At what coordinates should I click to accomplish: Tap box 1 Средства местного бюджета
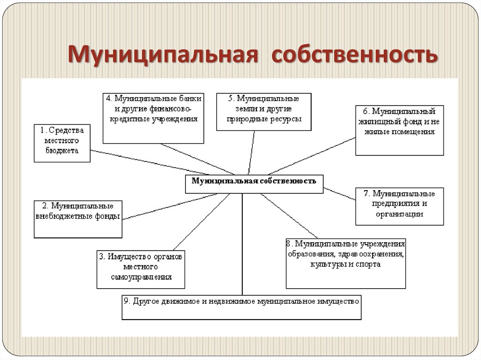pos(62,143)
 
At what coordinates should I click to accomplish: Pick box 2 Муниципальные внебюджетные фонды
pos(78,219)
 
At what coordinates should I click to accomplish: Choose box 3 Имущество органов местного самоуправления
pos(141,269)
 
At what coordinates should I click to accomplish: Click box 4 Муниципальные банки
pos(153,118)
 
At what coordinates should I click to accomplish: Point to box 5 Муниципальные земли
pos(264,111)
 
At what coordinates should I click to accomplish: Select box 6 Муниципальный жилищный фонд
pos(399,130)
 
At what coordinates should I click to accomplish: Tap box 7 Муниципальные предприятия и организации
pos(399,206)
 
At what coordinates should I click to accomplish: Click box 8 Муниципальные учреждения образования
pos(346,263)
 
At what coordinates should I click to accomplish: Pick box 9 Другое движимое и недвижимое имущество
pos(242,306)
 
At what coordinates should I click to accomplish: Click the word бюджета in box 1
pos(62,151)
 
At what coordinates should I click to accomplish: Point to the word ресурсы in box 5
pos(284,119)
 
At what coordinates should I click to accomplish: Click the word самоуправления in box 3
pos(141,276)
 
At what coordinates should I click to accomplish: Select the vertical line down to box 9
pos(242,244)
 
